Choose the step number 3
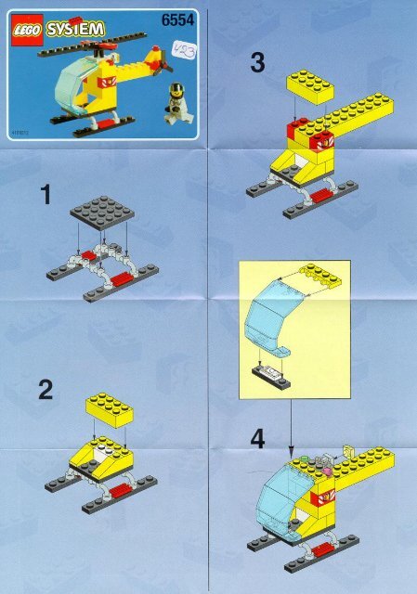click(258, 63)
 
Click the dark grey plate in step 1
click(101, 214)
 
